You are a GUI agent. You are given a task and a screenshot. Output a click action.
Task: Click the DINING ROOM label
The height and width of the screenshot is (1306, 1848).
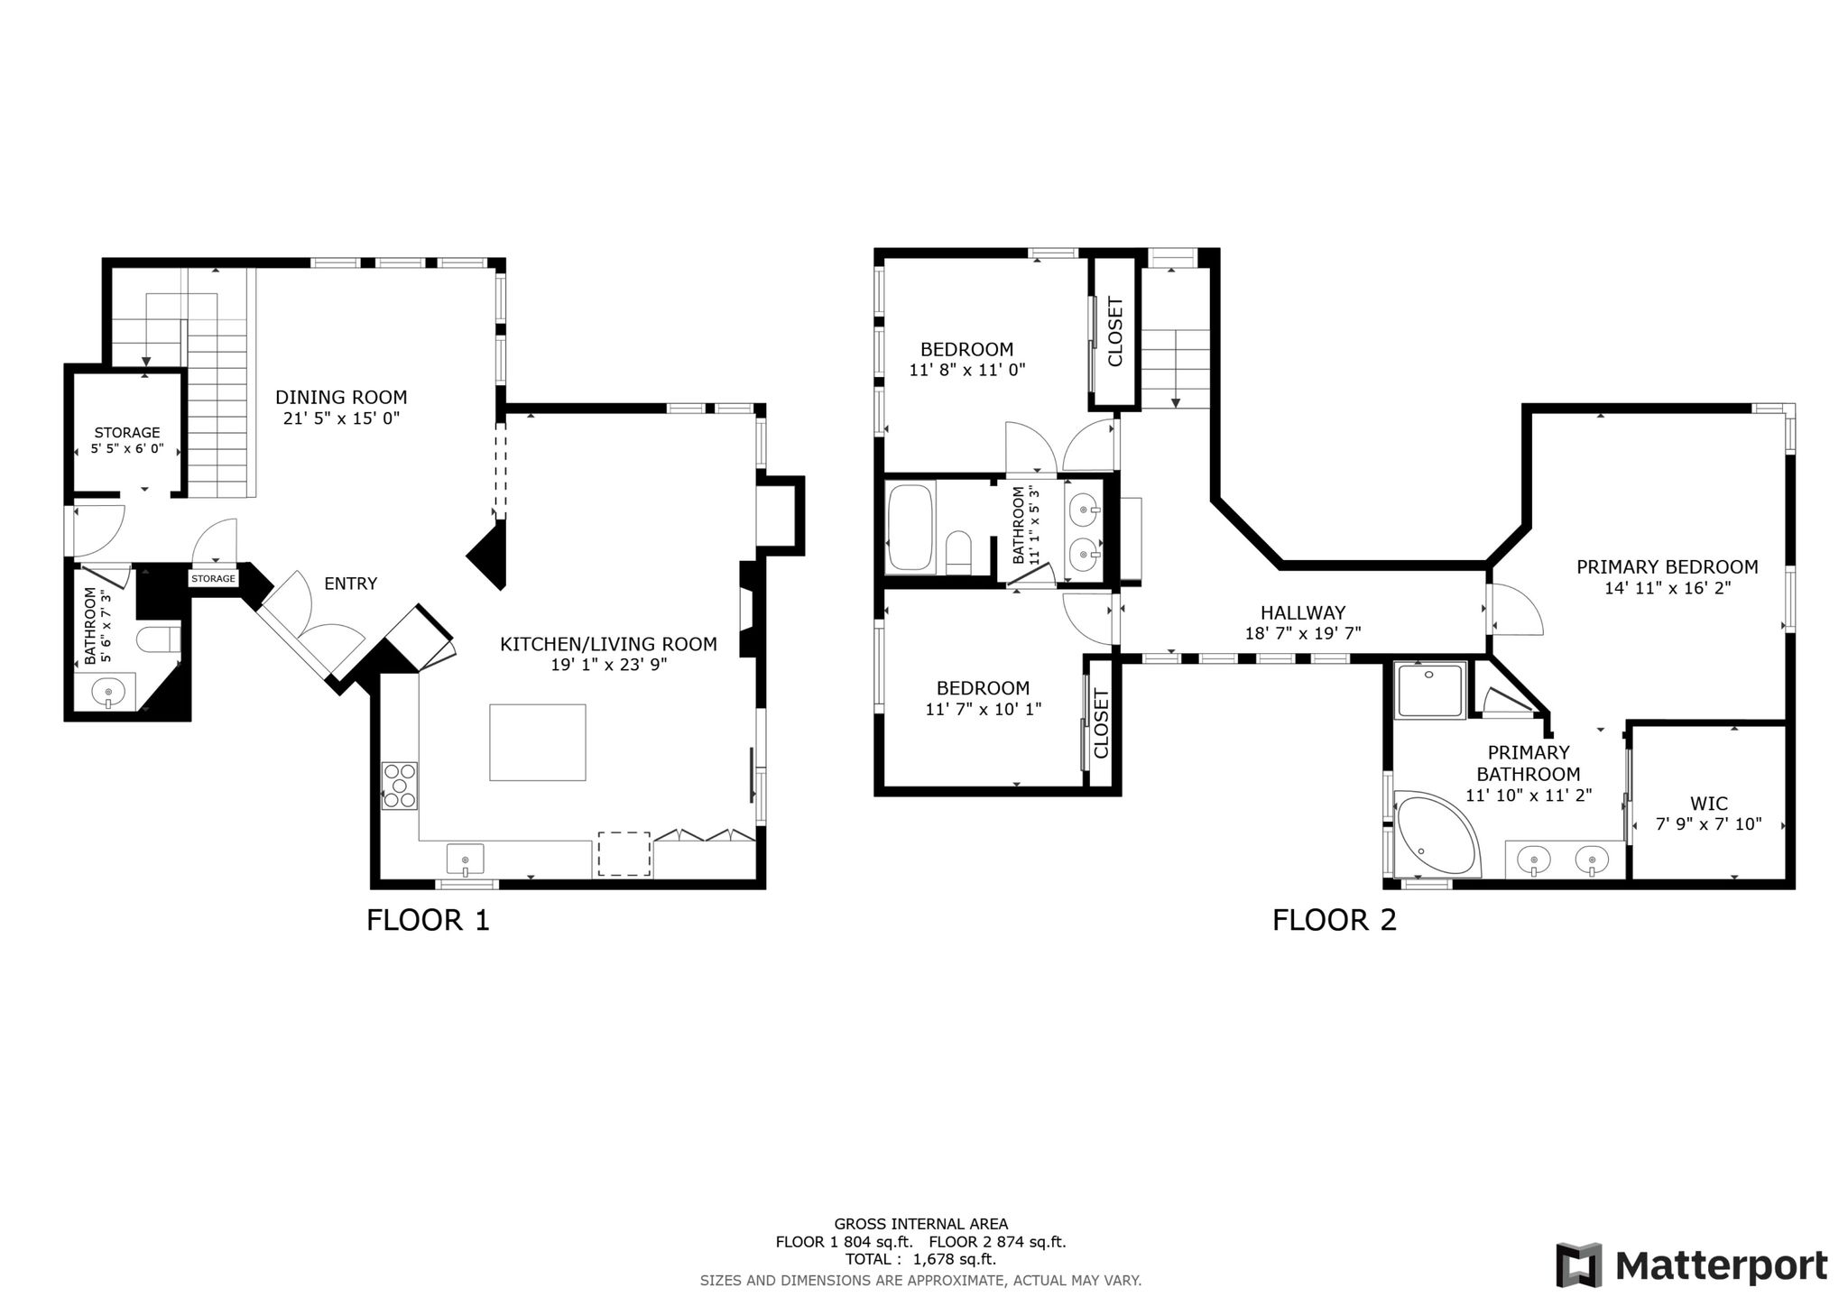tap(341, 397)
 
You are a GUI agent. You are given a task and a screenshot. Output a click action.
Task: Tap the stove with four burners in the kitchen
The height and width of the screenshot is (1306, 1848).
tap(399, 786)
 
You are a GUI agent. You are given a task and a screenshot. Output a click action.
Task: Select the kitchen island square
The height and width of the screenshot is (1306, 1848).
tap(538, 742)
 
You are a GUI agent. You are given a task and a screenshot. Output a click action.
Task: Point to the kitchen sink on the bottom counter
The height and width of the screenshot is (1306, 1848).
tap(465, 859)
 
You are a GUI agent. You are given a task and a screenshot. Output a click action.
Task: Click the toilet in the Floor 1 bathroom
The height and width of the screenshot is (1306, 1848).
tap(159, 640)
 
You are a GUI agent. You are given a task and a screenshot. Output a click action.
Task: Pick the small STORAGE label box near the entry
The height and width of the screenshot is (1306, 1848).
tap(213, 578)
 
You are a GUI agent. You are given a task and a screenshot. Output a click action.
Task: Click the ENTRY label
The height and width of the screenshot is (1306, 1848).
tap(351, 584)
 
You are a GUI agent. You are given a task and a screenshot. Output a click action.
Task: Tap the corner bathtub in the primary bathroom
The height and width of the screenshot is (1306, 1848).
tap(1437, 833)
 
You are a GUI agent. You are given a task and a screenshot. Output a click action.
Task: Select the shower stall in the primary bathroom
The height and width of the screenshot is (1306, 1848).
tap(1429, 690)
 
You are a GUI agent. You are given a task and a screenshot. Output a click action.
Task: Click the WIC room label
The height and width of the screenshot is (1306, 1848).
tap(1709, 804)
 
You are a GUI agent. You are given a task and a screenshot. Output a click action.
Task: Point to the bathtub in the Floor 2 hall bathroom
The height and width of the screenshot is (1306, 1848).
tap(910, 529)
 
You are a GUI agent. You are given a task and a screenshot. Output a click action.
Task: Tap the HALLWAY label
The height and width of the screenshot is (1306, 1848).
tap(1303, 612)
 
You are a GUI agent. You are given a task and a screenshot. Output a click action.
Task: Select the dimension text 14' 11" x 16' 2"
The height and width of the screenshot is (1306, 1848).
tap(1668, 588)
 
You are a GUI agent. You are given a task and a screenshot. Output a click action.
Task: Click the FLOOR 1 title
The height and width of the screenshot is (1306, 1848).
tap(428, 920)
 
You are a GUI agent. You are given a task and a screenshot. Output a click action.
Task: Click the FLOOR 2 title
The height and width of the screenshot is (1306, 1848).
tap(1335, 920)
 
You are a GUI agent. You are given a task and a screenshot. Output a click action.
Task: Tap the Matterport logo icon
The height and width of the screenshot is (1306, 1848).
tap(1579, 1265)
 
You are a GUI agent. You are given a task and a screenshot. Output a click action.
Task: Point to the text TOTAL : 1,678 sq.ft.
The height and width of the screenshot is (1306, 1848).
tap(920, 1259)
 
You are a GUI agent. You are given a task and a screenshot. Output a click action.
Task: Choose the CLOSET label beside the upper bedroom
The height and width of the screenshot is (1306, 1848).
tap(1115, 332)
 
